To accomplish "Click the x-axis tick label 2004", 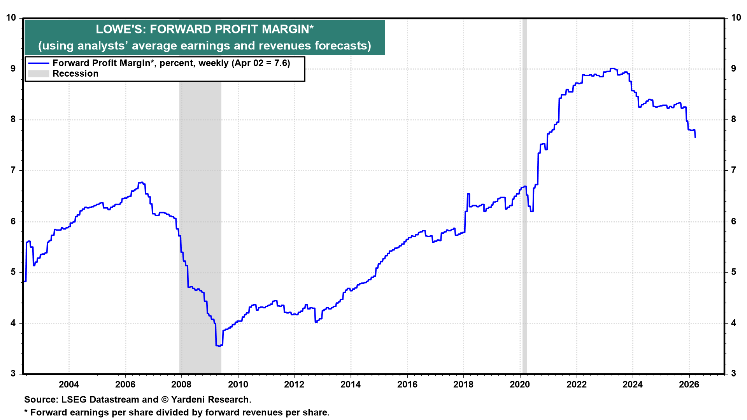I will (x=69, y=385).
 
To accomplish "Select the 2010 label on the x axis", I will (x=238, y=385).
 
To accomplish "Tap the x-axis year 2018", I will (x=463, y=385).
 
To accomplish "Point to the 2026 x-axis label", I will (x=689, y=385).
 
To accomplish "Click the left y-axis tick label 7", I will (x=13, y=170).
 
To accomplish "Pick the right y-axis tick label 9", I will (x=733, y=68).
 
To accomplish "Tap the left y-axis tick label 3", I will (x=13, y=374).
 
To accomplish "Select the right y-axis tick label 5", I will (x=733, y=272).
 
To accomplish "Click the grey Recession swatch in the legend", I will (x=39, y=74).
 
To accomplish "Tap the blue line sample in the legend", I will (x=39, y=63).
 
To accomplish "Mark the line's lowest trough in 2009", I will (x=218, y=345).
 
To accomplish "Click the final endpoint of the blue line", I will (x=695, y=137).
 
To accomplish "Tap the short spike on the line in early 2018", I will (x=468, y=194).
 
